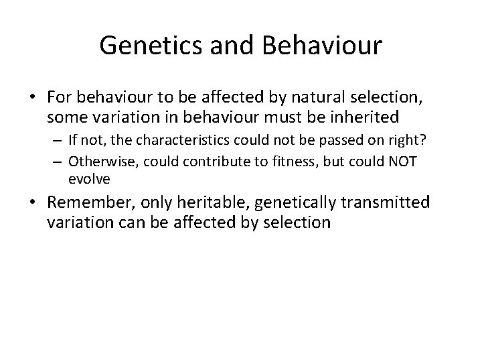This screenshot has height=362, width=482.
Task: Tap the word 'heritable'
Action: point(208,203)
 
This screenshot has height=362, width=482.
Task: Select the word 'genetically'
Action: point(293,203)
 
